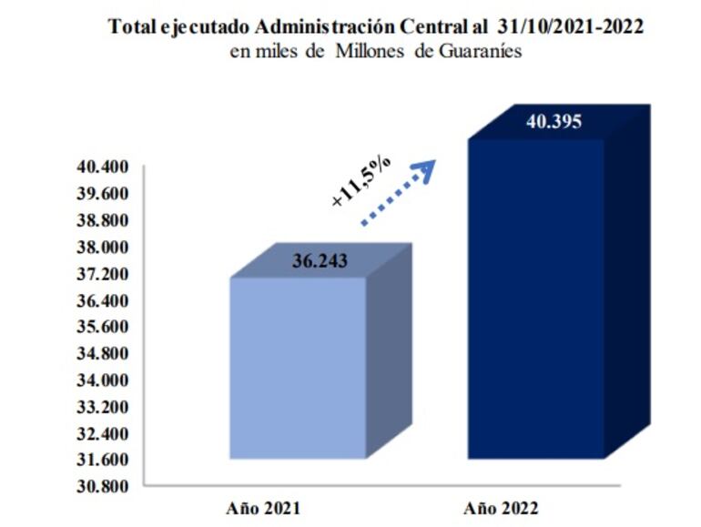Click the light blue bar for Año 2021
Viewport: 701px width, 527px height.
297,368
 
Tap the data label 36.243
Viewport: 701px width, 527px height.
320,260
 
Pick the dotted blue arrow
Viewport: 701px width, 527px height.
399,191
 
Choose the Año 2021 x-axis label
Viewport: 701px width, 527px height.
263,507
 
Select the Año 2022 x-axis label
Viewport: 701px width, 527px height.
501,507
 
